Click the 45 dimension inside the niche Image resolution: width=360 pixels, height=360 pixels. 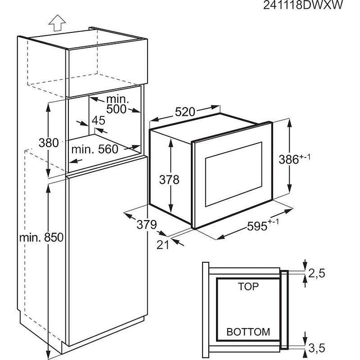point(98,121)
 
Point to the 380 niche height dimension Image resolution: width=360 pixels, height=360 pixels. point(48,143)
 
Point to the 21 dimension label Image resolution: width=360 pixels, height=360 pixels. point(163,245)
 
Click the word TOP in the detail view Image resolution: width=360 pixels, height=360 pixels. point(248,286)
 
